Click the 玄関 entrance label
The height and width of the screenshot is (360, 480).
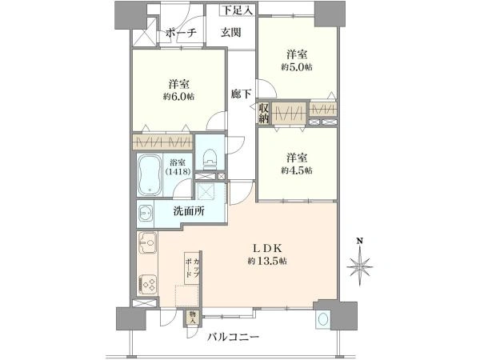point(231,33)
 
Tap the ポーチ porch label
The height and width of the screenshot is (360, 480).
point(181,33)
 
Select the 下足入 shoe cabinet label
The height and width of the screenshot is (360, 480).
point(238,10)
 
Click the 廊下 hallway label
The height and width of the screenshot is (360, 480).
point(241,94)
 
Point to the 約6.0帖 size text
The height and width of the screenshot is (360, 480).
point(178,97)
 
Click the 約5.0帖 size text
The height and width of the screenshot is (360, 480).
point(297,67)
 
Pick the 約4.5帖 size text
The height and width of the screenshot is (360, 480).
point(297,170)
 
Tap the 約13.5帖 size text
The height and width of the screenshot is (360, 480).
point(267,261)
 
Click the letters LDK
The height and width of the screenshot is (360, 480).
point(267,247)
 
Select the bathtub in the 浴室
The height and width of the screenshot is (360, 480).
point(150,174)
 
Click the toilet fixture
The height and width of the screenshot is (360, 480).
point(210,158)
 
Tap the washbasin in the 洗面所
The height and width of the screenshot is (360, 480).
point(146,213)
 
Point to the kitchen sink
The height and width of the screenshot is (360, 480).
point(148,242)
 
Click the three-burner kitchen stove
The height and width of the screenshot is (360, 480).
point(148,285)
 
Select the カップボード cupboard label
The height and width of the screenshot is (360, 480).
point(193,268)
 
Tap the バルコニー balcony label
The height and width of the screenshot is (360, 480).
point(234,338)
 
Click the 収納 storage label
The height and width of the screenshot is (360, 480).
point(264,113)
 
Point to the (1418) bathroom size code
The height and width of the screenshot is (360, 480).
point(178,171)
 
